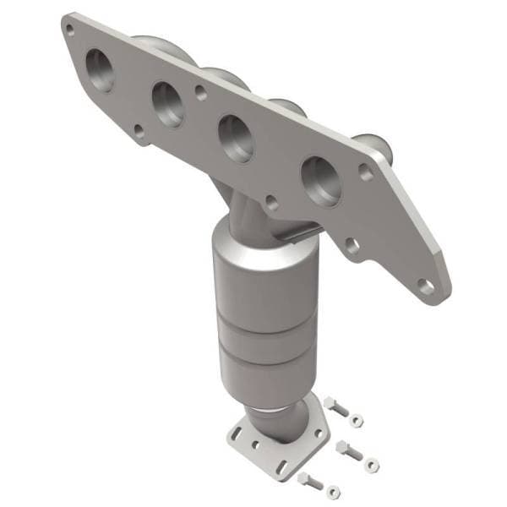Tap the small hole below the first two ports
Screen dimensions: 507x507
139,130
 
